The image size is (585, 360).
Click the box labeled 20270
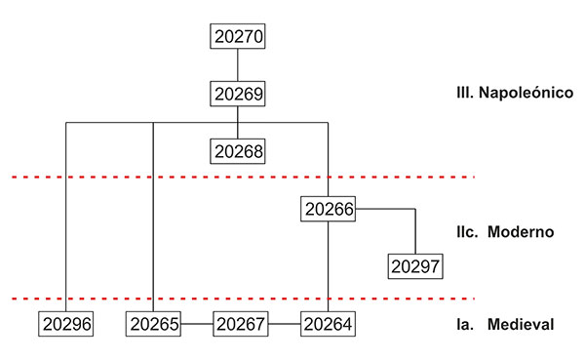tap(238, 36)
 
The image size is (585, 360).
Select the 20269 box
tap(238, 94)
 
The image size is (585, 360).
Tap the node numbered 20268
tap(238, 151)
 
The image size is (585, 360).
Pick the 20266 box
tap(329, 209)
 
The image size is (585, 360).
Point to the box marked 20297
tap(415, 266)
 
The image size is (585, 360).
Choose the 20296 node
tap(66, 324)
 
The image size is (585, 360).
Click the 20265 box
tap(153, 324)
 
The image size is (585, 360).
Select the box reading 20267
tap(241, 324)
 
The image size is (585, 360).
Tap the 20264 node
tap(329, 324)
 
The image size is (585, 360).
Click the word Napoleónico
tap(526, 93)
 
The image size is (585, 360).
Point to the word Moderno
tap(521, 232)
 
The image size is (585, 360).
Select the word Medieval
tap(521, 324)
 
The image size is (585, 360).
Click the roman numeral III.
tap(465, 93)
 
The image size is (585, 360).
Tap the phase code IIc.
tap(467, 232)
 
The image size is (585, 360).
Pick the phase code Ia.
tap(465, 324)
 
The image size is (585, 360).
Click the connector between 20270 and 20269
tap(238, 65)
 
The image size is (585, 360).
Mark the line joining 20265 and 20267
tap(197, 324)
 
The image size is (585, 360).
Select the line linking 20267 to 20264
tap(285, 324)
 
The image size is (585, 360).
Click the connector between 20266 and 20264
tap(329, 266)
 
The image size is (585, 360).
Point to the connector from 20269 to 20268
tap(238, 123)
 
